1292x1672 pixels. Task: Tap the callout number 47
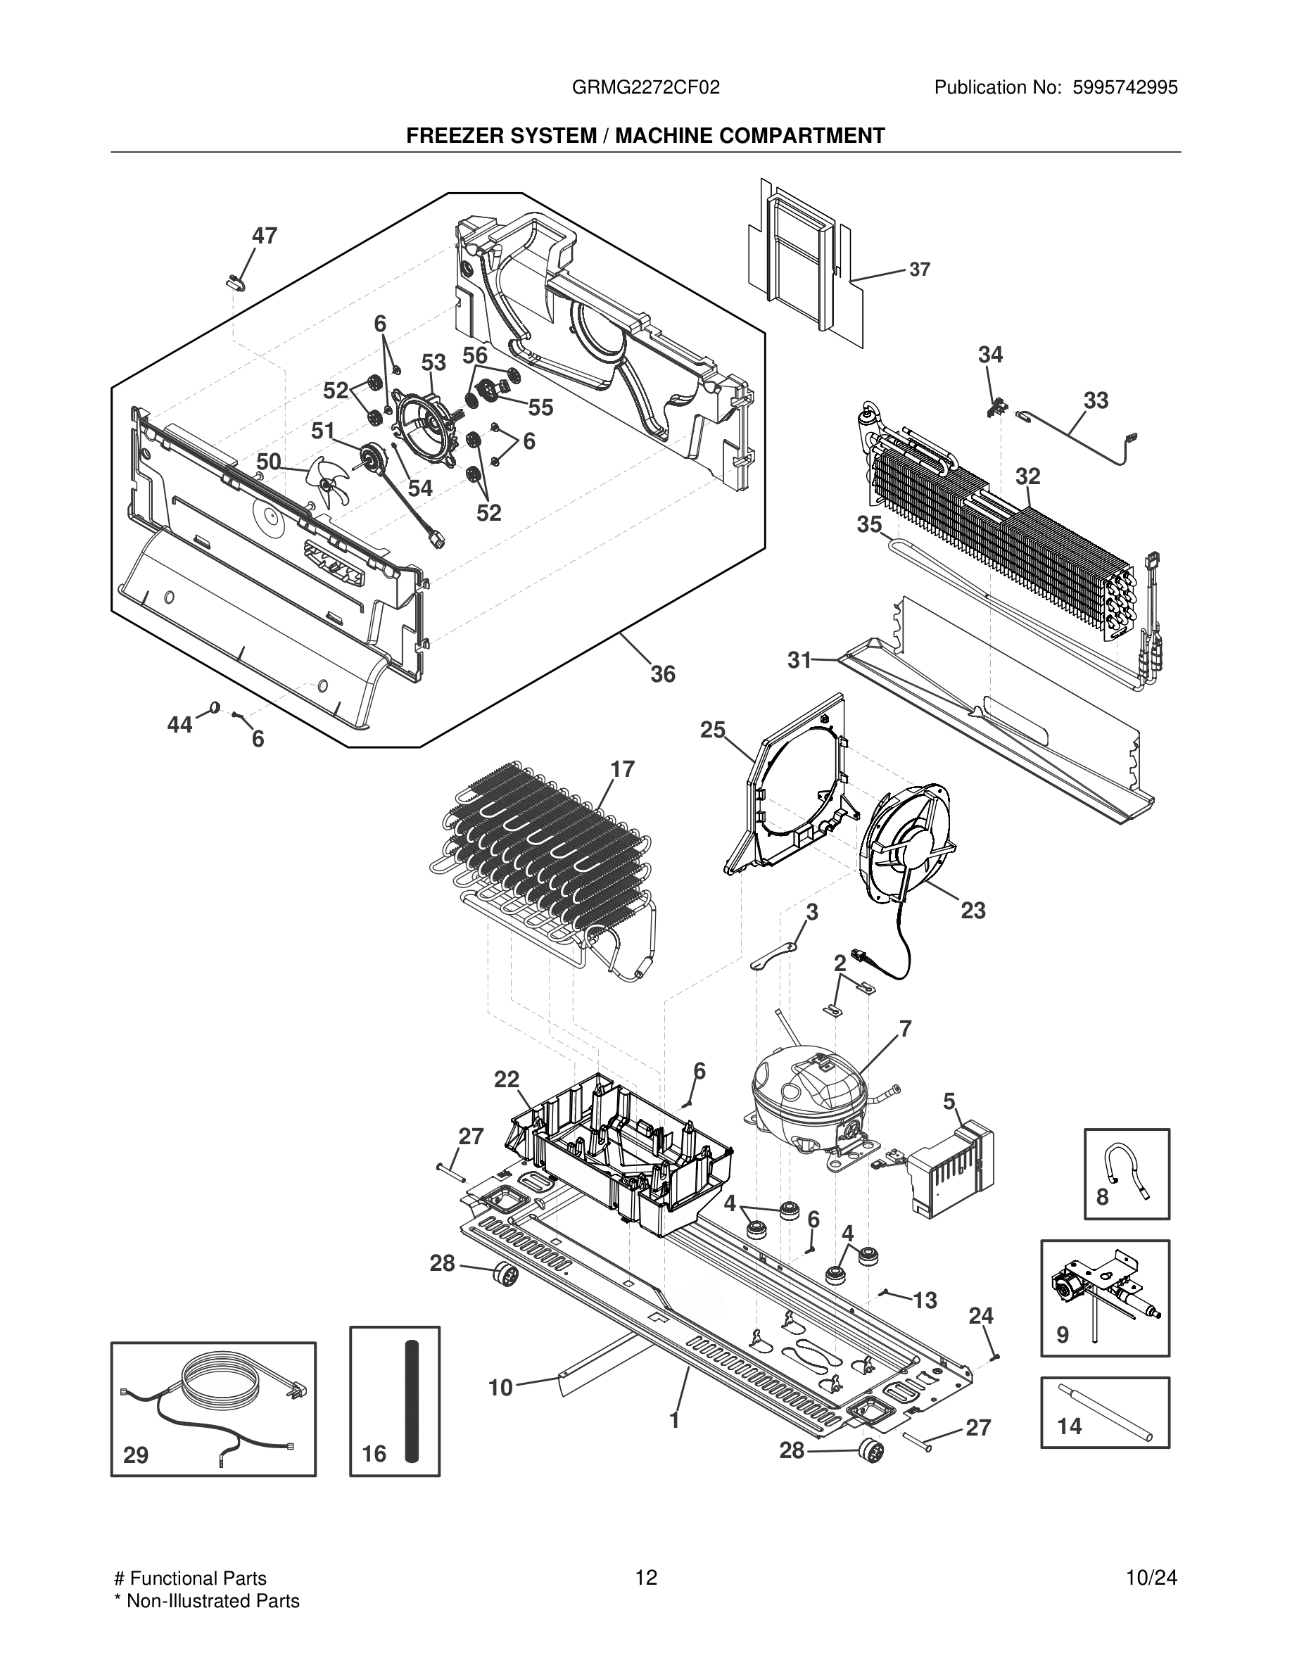(264, 236)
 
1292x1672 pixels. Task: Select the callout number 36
(663, 673)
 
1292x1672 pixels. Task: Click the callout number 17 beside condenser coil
(622, 768)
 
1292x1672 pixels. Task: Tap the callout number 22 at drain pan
(507, 1079)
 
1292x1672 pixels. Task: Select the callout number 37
(920, 270)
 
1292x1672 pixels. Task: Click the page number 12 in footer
(646, 1578)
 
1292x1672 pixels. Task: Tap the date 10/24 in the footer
(1151, 1578)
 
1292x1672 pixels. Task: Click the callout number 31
(799, 659)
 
